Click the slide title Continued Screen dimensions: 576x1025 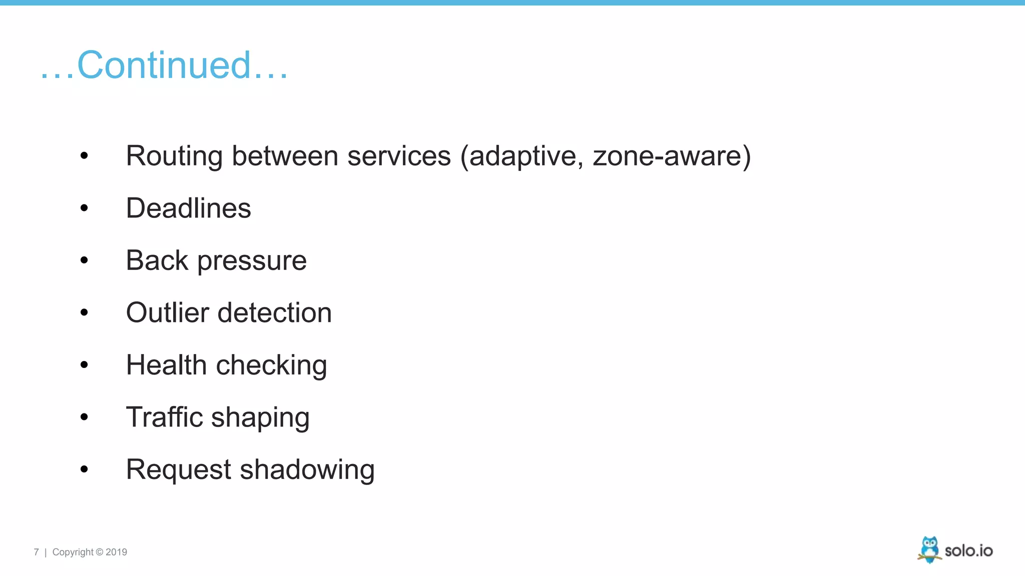click(164, 65)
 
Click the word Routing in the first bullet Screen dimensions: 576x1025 click(174, 156)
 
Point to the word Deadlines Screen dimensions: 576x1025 click(188, 208)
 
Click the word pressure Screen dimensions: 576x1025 click(252, 261)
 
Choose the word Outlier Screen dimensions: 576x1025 click(167, 313)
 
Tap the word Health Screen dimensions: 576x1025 click(166, 365)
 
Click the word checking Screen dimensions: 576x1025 click(271, 365)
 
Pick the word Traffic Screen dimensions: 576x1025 click(164, 417)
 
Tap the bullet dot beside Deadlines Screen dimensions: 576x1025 click(84, 208)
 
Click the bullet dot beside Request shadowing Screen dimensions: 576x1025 click(84, 469)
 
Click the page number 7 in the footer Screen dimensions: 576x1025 click(36, 552)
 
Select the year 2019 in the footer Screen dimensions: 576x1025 click(116, 552)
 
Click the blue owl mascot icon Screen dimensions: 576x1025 click(929, 549)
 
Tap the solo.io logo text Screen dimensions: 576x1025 click(968, 551)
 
